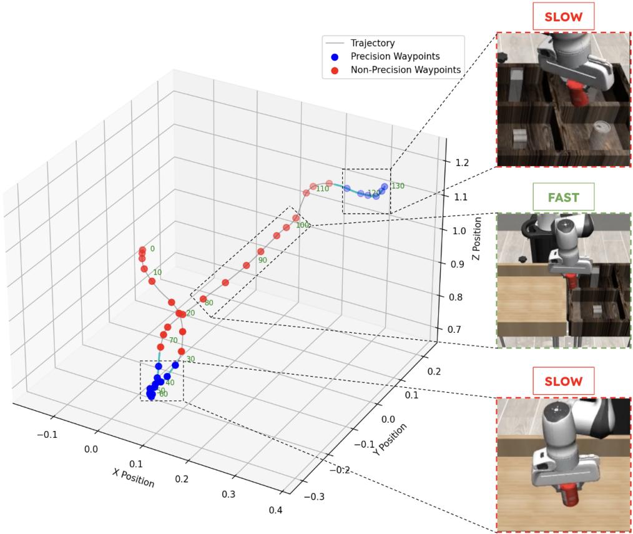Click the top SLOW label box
(563, 16)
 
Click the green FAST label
(563, 198)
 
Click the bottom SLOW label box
(563, 381)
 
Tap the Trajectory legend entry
(373, 43)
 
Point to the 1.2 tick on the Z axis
(462, 163)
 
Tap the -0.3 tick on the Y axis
(314, 497)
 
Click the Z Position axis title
(477, 239)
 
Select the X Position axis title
(133, 478)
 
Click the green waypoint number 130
(398, 186)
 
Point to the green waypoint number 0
(152, 249)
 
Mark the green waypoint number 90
(262, 260)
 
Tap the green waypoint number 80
(209, 303)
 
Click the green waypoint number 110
(322, 188)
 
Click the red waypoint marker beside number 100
(296, 218)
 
